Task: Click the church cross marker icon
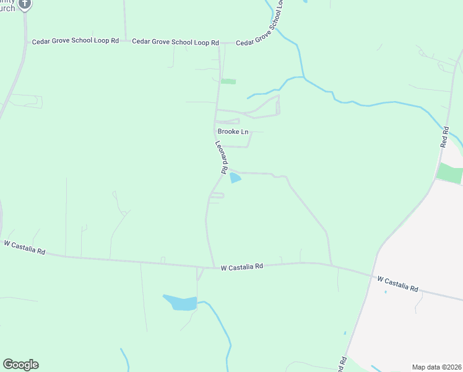click(x=24, y=4)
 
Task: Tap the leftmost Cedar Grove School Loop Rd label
click(x=76, y=41)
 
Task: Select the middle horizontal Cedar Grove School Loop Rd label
click(x=176, y=43)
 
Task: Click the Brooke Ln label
click(x=232, y=131)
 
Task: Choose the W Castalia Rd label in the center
click(x=242, y=266)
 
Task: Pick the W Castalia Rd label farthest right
click(x=398, y=285)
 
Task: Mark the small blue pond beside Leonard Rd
click(x=235, y=179)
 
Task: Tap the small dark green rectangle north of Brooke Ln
click(x=228, y=81)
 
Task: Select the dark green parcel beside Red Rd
click(x=449, y=173)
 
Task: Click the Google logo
click(x=20, y=365)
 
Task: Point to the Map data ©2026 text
click(x=436, y=366)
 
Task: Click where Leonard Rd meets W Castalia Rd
click(x=214, y=267)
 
